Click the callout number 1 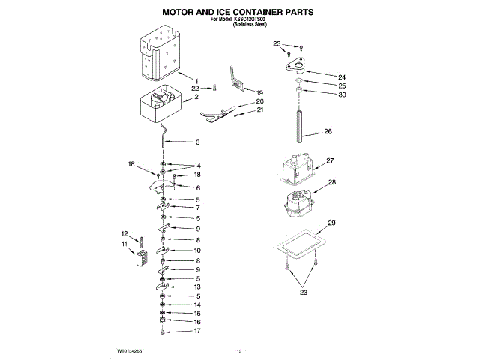tap(196, 81)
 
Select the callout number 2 tap(196, 97)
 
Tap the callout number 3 tap(198, 142)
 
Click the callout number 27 tap(330, 160)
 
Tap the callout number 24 tap(342, 76)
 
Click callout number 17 tap(198, 331)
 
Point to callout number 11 tap(124, 244)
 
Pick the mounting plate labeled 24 tap(298, 62)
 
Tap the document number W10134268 tap(130, 350)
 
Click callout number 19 tap(260, 92)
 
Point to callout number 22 tap(196, 88)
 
